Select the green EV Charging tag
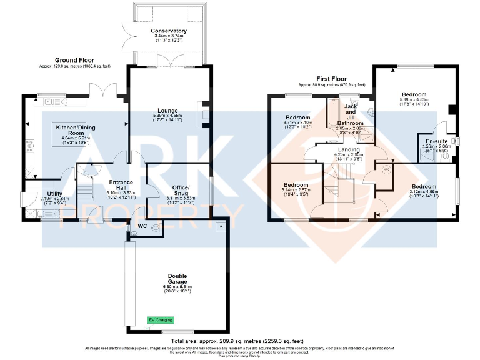(x=159, y=320)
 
